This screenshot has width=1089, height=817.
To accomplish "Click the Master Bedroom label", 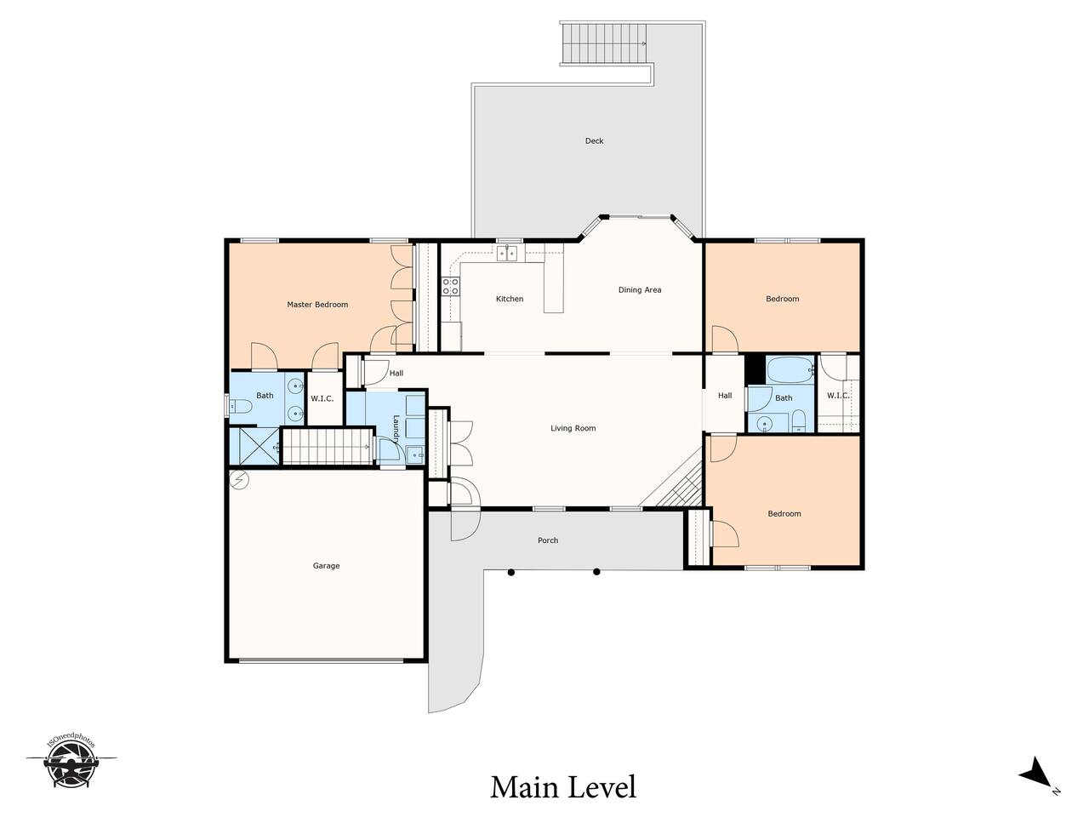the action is coord(317,305).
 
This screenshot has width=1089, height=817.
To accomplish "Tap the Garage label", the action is coord(326,565).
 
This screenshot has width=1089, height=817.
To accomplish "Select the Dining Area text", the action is coord(640,289).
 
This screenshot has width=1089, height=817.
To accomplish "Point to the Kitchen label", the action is coord(510,299).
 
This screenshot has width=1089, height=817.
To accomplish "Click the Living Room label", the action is coord(573,428).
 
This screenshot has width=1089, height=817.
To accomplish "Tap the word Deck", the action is coord(594,141).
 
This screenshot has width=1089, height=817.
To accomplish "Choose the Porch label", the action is coord(548,540).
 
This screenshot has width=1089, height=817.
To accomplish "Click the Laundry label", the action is coord(396,428).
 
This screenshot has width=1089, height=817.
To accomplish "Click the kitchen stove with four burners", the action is coord(450,286).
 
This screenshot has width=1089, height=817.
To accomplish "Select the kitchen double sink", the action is coord(508,253).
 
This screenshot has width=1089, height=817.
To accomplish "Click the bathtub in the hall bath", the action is coord(790,369).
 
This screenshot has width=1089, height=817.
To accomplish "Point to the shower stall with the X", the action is coord(259,447).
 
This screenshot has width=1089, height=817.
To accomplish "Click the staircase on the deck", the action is coord(604,43).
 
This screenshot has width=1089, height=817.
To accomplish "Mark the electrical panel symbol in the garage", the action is coord(239,480).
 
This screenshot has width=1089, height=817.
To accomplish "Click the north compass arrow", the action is coord(1039,786).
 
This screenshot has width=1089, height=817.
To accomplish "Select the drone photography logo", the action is coord(71,767).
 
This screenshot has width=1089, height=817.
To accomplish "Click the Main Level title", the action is coord(563,787).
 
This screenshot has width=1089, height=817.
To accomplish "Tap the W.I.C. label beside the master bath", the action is coord(322,398).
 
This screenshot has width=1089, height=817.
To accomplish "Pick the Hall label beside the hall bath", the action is coord(725,396).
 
